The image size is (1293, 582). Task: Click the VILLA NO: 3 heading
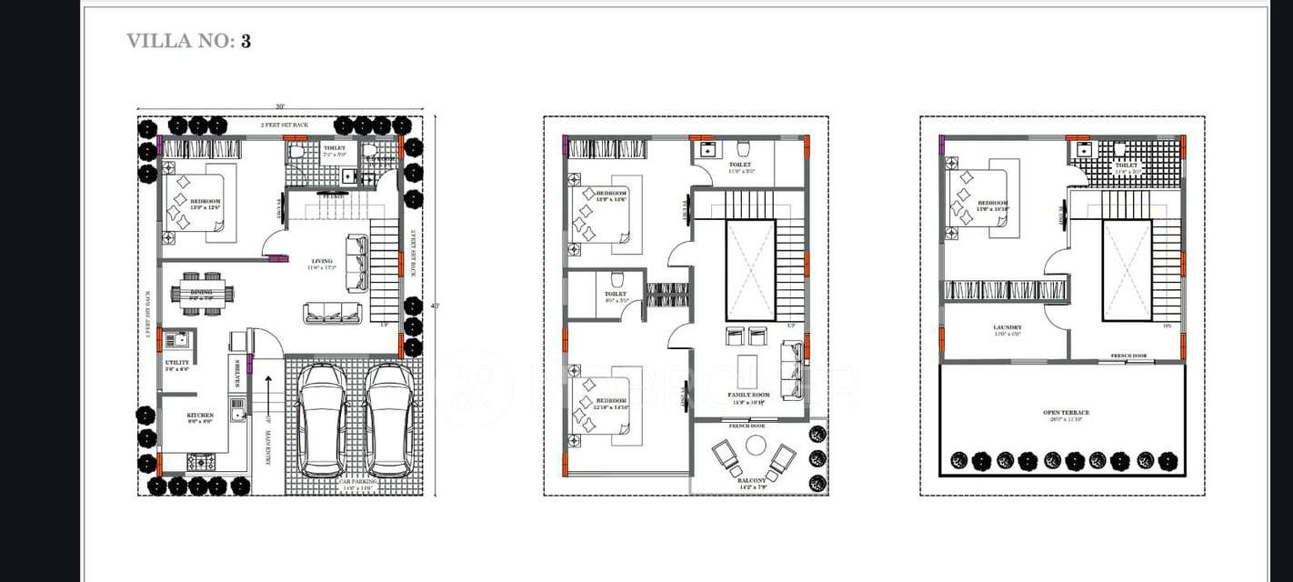(188, 41)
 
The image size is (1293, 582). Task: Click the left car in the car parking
(322, 419)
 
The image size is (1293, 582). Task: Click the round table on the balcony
(756, 445)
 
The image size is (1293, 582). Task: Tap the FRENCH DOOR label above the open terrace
(1128, 356)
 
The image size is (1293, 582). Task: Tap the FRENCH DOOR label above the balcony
(746, 426)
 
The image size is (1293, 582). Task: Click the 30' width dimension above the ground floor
(280, 107)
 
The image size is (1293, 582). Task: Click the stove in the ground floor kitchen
(200, 462)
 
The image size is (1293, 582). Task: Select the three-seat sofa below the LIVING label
(332, 313)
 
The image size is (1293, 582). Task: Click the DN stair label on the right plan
(1167, 326)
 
